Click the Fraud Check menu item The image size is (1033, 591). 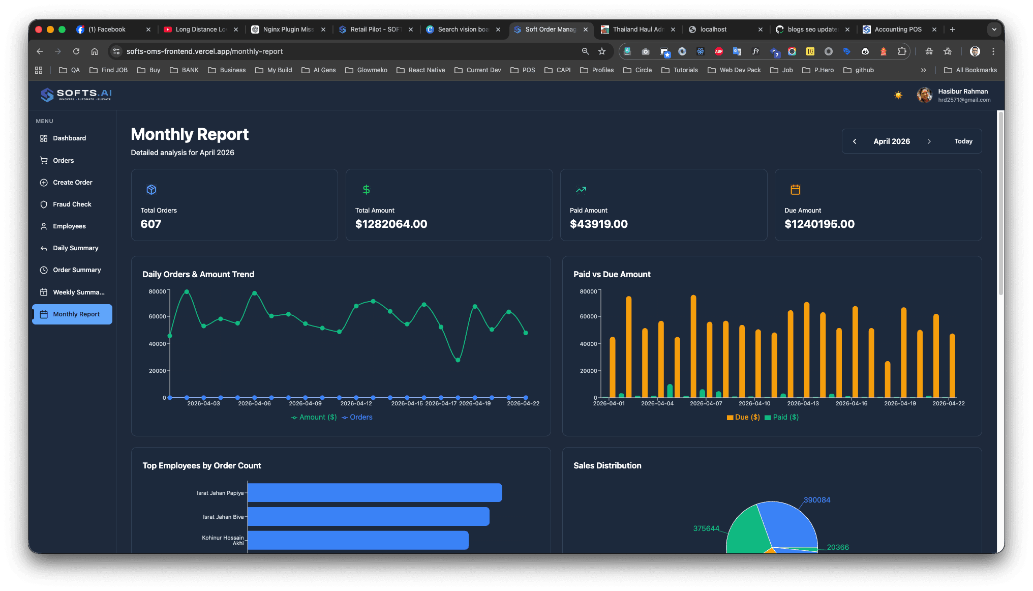(x=72, y=204)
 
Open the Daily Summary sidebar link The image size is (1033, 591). (x=75, y=248)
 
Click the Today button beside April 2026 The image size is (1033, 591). (x=963, y=141)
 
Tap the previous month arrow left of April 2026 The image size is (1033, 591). (x=855, y=141)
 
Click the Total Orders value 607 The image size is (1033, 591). (x=150, y=224)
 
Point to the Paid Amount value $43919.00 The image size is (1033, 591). (x=598, y=224)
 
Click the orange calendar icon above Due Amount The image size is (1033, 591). (x=795, y=190)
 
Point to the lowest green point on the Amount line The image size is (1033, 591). (x=458, y=360)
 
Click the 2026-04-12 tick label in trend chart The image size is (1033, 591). (x=356, y=403)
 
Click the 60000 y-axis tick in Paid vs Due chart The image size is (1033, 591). (x=588, y=316)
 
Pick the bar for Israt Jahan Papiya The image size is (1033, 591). (x=374, y=493)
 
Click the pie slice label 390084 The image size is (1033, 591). (x=816, y=500)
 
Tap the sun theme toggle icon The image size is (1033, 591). (x=898, y=95)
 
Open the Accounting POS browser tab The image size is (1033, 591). (x=897, y=29)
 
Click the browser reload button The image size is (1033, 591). (x=76, y=51)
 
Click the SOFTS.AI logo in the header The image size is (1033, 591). (x=76, y=95)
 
